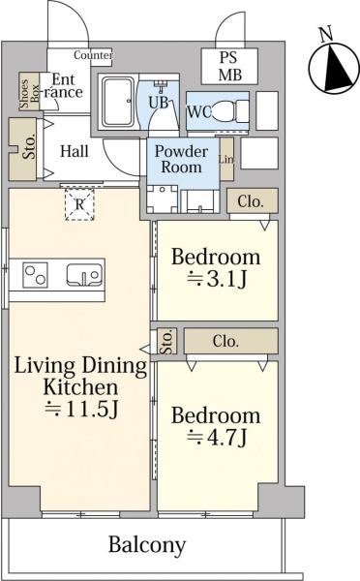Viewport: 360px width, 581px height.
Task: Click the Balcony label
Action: pos(147,545)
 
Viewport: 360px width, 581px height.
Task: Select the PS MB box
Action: pos(229,66)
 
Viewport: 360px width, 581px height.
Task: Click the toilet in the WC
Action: pos(225,110)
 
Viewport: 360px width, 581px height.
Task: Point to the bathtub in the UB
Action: pos(118,101)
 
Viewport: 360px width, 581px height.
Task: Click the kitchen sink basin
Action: pos(85,275)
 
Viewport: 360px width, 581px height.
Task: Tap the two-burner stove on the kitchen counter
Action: pos(36,275)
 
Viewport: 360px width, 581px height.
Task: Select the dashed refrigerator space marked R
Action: pos(79,204)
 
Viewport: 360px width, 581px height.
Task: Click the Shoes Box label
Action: pos(29,92)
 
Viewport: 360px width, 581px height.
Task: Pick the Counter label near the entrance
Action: pos(93,55)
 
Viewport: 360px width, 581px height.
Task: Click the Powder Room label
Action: pos(182,159)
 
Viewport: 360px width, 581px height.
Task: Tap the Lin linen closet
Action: pos(226,159)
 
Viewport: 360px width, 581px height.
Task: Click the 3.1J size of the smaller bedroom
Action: pos(217,279)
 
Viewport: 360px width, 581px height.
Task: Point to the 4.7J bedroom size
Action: pos(217,438)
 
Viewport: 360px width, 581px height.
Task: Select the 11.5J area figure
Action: pos(81,409)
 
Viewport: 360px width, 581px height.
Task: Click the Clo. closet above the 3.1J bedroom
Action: pos(252,200)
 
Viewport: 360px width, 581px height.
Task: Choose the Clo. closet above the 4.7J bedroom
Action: pos(230,341)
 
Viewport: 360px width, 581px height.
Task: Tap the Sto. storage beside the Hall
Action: pos(22,149)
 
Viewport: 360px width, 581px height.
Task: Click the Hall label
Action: pos(75,151)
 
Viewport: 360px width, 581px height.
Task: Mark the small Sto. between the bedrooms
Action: pos(166,341)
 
